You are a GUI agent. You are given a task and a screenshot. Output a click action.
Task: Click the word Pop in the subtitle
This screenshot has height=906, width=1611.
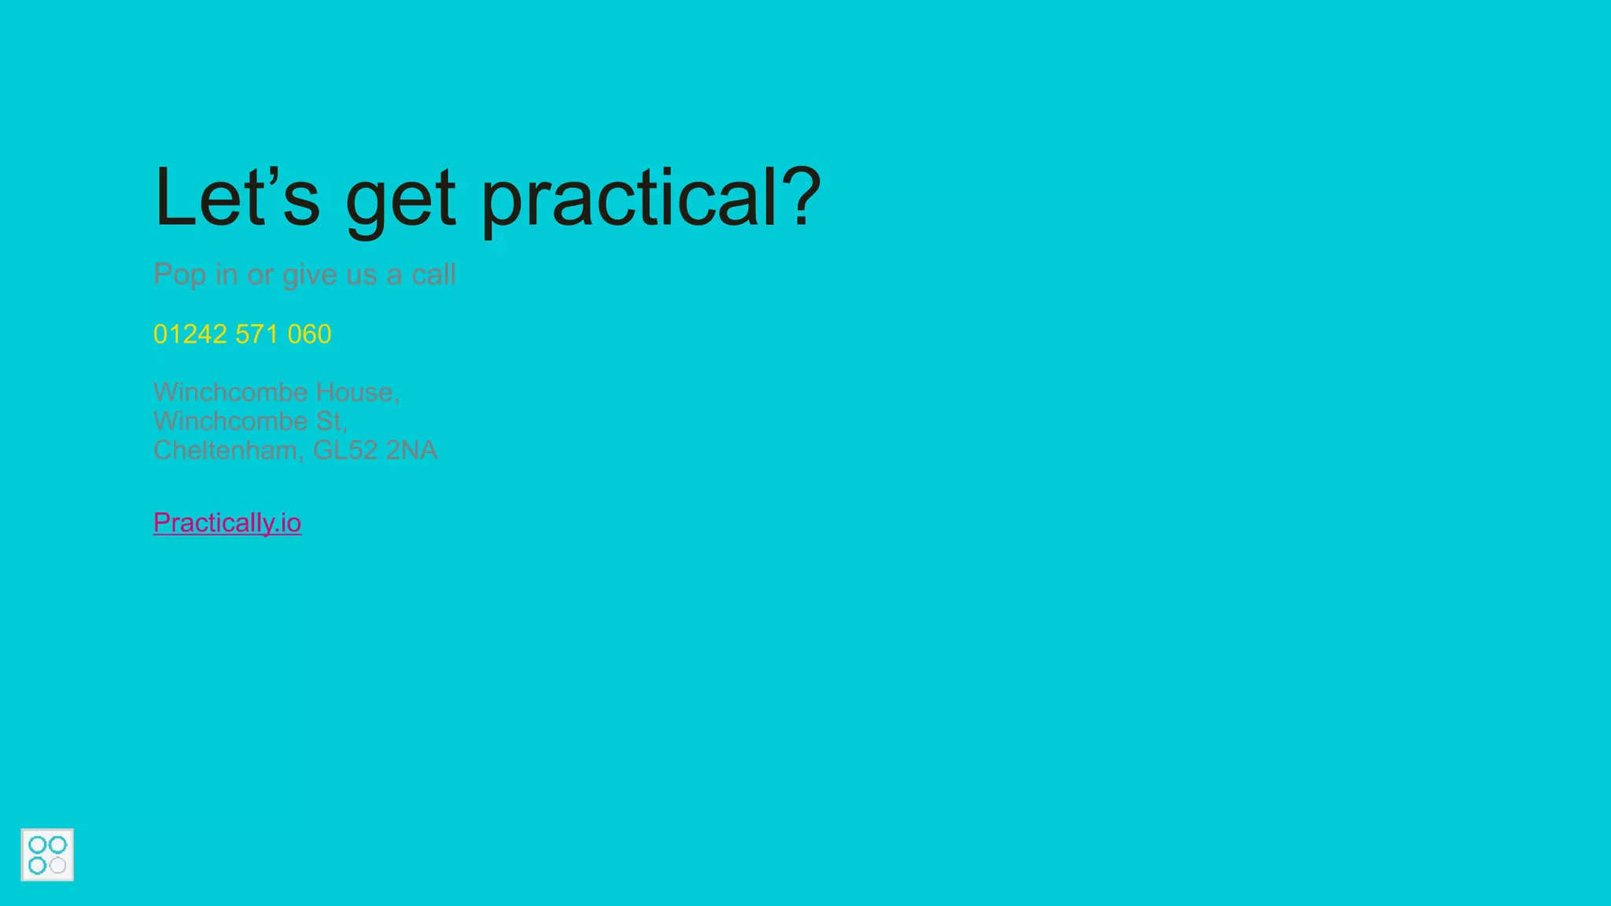(179, 275)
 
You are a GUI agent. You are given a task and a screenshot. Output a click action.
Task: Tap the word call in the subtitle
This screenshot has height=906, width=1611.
(433, 274)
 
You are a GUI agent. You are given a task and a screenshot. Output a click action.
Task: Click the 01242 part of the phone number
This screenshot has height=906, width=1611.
(190, 334)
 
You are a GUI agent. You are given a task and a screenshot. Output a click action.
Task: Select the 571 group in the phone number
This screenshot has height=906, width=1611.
(256, 334)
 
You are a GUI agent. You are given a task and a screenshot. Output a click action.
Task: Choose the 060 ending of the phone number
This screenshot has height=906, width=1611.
(309, 334)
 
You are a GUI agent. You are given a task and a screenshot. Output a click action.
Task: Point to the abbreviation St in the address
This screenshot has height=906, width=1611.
(330, 421)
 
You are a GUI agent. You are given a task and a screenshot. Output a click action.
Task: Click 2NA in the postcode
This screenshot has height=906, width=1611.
(411, 450)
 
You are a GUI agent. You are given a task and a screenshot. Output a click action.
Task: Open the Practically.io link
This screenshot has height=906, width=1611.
(227, 523)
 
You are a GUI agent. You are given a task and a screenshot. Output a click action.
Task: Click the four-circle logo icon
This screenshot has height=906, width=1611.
(47, 855)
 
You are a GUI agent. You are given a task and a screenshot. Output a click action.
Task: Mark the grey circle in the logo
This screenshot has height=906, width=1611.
(58, 866)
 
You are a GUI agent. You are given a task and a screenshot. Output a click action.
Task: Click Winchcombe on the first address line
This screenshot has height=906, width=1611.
(230, 392)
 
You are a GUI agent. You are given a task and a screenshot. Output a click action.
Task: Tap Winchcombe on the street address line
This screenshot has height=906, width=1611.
(230, 421)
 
